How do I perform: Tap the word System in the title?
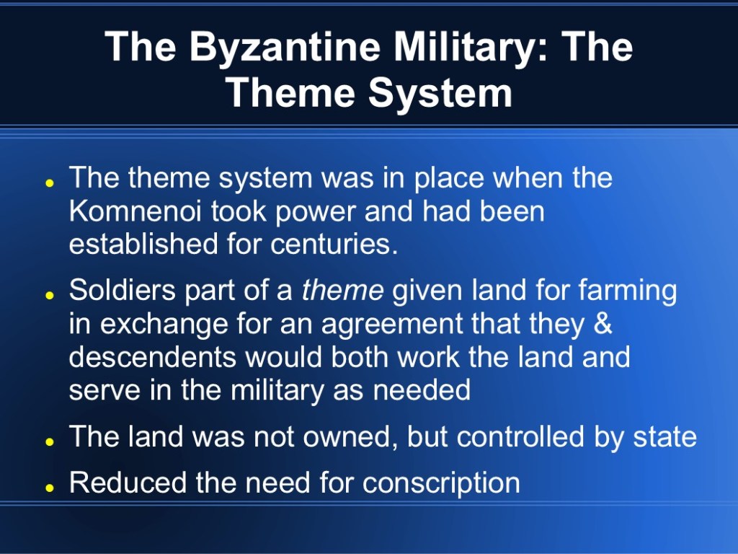pos(440,92)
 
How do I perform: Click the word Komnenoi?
pos(135,211)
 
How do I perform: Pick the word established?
pos(143,244)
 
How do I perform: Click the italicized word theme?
pos(342,290)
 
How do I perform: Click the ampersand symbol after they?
pos(603,323)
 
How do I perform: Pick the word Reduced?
pos(128,482)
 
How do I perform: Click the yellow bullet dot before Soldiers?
pos(48,295)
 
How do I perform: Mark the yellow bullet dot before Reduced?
pos(48,488)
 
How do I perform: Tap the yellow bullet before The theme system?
pos(48,183)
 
